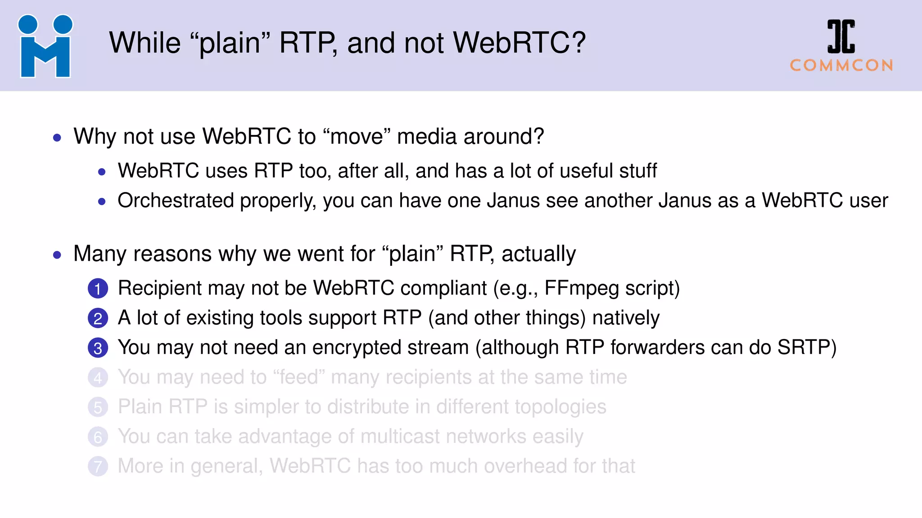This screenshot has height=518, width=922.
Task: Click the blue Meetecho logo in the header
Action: pyautogui.click(x=45, y=47)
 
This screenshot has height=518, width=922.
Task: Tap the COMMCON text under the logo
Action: pyautogui.click(x=841, y=66)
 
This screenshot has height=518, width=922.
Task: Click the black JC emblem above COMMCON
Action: pyautogui.click(x=841, y=36)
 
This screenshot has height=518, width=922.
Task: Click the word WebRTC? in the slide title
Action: pyautogui.click(x=519, y=43)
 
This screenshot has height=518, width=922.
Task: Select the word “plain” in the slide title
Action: pyautogui.click(x=230, y=44)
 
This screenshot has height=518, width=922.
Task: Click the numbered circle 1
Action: pyautogui.click(x=98, y=289)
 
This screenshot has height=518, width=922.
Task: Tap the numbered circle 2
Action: pyautogui.click(x=98, y=318)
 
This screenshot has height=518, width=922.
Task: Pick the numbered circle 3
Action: pyautogui.click(x=98, y=348)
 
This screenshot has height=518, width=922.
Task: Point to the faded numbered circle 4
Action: pyautogui.click(x=98, y=378)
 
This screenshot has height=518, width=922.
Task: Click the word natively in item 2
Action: pyautogui.click(x=626, y=318)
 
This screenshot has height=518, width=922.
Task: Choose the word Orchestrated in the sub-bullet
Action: pyautogui.click(x=176, y=201)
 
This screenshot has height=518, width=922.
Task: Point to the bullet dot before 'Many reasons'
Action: pyautogui.click(x=57, y=255)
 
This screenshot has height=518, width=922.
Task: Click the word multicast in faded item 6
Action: pyautogui.click(x=400, y=437)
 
